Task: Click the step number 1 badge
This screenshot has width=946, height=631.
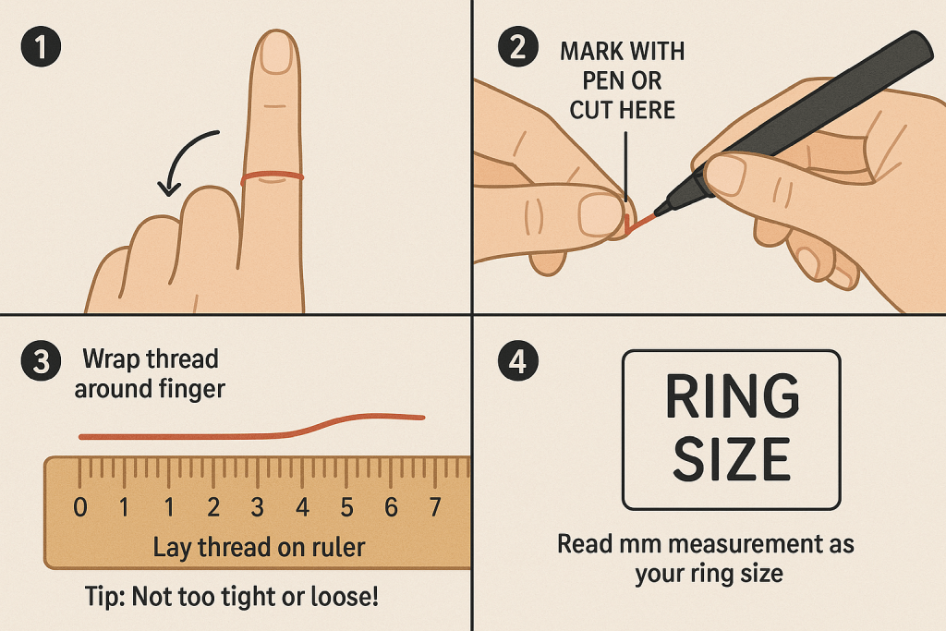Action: [x=41, y=46]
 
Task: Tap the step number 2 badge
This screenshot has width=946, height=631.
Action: [x=518, y=46]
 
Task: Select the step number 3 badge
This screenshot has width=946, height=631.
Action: [x=41, y=361]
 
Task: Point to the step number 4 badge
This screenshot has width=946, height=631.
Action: [x=518, y=361]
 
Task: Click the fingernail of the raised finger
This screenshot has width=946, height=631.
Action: [x=276, y=53]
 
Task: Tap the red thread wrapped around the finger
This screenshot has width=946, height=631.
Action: [x=273, y=176]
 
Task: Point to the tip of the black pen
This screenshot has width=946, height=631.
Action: [x=657, y=212]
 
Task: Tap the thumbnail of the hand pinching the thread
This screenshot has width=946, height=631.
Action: [x=599, y=215]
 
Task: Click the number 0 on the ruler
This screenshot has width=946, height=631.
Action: [x=79, y=507]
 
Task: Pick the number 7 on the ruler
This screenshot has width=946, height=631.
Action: [x=435, y=507]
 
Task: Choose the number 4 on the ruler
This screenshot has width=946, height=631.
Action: [x=302, y=507]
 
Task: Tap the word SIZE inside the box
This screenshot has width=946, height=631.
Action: [x=732, y=459]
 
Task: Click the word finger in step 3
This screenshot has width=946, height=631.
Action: [x=191, y=390]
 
